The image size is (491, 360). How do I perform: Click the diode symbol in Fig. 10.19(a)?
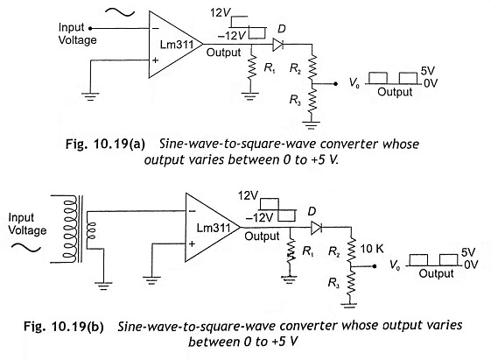[x=278, y=44]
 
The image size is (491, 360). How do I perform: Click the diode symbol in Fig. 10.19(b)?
[x=316, y=228]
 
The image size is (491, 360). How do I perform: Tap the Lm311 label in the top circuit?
[x=177, y=44]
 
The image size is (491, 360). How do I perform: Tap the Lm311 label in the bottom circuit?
[x=214, y=228]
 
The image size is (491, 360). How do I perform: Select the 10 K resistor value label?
[x=372, y=249]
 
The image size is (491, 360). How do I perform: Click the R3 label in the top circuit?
[x=295, y=100]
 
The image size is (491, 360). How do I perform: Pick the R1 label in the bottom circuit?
[x=308, y=251]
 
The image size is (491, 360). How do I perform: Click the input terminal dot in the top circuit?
[x=90, y=29]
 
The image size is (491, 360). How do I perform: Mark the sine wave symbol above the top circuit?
[x=120, y=12]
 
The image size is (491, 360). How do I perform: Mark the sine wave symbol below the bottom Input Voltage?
[x=26, y=248]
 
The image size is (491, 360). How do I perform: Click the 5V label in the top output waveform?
[x=427, y=71]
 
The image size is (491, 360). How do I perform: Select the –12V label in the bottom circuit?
[x=260, y=217]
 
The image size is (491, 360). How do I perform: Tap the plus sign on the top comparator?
[x=155, y=60]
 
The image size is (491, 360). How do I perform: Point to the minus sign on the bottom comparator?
[x=192, y=211]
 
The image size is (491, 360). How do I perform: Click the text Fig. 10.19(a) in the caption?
[x=105, y=145]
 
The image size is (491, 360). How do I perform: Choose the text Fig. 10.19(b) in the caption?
[x=64, y=327]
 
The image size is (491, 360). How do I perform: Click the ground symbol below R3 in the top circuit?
[x=312, y=125]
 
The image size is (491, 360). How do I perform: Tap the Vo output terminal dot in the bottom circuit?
[x=374, y=266]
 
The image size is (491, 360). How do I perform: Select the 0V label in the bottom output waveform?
[x=471, y=265]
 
